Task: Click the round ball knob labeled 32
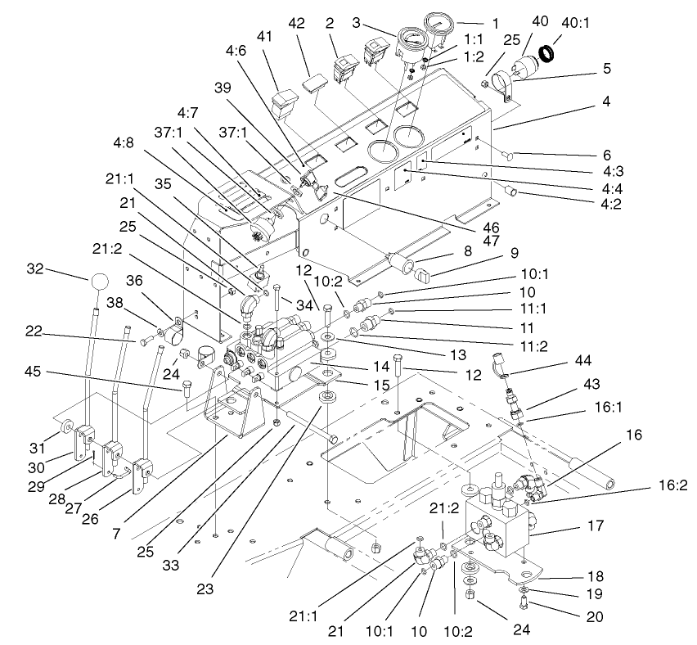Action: tap(99, 282)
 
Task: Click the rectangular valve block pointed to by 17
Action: tap(499, 528)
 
